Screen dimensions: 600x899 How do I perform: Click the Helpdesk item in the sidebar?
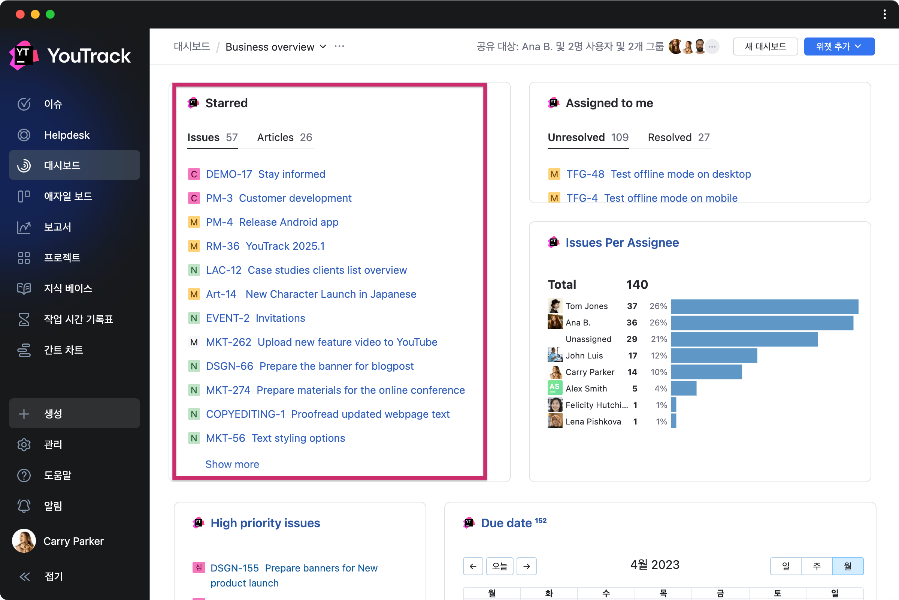[x=67, y=135]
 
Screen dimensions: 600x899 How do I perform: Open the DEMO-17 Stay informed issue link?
[x=265, y=174]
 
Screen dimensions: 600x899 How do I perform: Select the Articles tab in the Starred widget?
[x=284, y=137]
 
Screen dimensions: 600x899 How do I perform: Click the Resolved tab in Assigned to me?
[x=678, y=137]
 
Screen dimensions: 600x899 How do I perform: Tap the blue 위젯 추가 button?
[x=839, y=46]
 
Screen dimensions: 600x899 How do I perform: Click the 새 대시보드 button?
[x=765, y=46]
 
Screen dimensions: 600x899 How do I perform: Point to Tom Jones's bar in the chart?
[x=765, y=306]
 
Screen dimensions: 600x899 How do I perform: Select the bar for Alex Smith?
[x=684, y=388]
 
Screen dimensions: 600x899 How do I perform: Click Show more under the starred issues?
[x=232, y=464]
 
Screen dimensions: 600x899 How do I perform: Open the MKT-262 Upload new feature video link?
[x=321, y=342]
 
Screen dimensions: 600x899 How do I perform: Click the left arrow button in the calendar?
[x=473, y=566]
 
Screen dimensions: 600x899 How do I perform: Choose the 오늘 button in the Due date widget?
[x=500, y=566]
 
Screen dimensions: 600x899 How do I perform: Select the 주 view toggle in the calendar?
[x=817, y=566]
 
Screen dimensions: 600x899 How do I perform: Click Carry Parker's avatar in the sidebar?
[x=24, y=541]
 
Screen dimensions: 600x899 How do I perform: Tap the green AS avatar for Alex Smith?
[x=555, y=388]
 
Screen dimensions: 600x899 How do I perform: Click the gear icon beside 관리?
[x=24, y=444]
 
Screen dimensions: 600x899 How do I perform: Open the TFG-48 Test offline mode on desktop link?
[x=658, y=174]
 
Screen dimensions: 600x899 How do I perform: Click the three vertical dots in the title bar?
[x=884, y=15]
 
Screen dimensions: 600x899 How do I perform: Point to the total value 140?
[x=637, y=285]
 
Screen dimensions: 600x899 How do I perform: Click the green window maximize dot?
[x=50, y=15]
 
